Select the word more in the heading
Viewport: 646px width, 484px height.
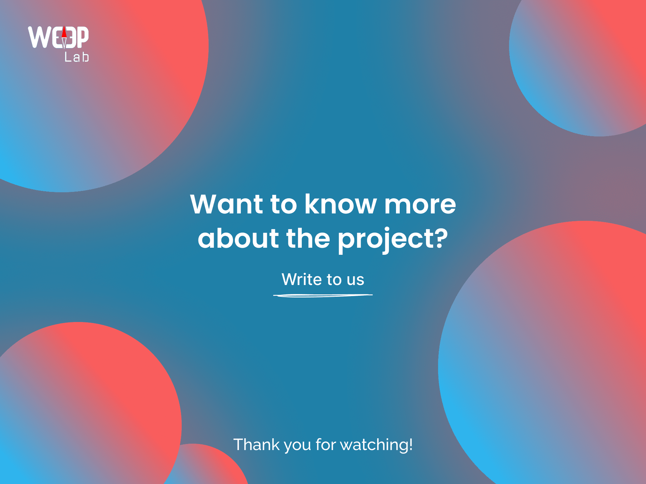tap(420, 205)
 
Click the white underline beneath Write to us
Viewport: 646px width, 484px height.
tap(323, 295)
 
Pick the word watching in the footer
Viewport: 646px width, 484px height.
tap(374, 445)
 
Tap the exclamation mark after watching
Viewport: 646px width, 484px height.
tap(411, 444)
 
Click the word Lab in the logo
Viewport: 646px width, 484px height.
tap(77, 57)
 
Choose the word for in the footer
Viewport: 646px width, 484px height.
tap(326, 444)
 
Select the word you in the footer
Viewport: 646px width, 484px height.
tap(297, 446)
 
